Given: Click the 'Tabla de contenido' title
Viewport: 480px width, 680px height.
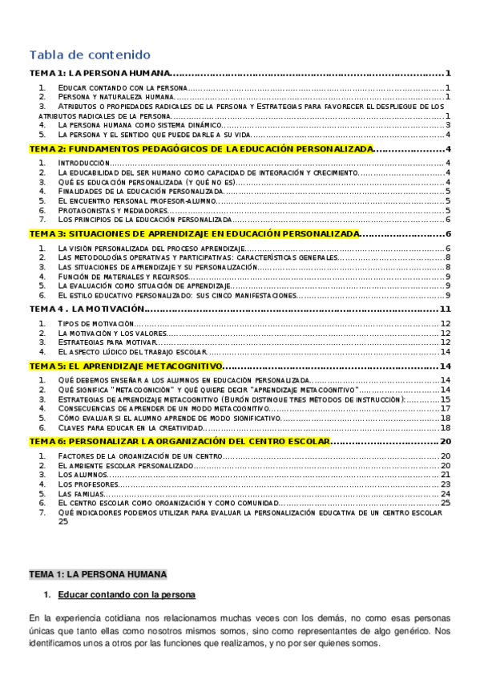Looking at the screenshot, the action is [x=89, y=55].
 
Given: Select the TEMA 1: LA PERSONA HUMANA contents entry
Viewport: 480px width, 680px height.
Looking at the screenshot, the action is [x=100, y=73].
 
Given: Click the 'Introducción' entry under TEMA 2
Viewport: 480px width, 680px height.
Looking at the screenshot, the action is [x=84, y=163].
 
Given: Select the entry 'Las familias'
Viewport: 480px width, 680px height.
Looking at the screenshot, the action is [x=81, y=494].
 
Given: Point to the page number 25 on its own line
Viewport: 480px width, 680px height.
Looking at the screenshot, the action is [x=63, y=521].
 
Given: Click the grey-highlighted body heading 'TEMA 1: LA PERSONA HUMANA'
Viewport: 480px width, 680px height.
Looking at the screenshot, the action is [x=98, y=575].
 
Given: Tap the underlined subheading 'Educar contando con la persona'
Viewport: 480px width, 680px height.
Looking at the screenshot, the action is [x=127, y=595].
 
